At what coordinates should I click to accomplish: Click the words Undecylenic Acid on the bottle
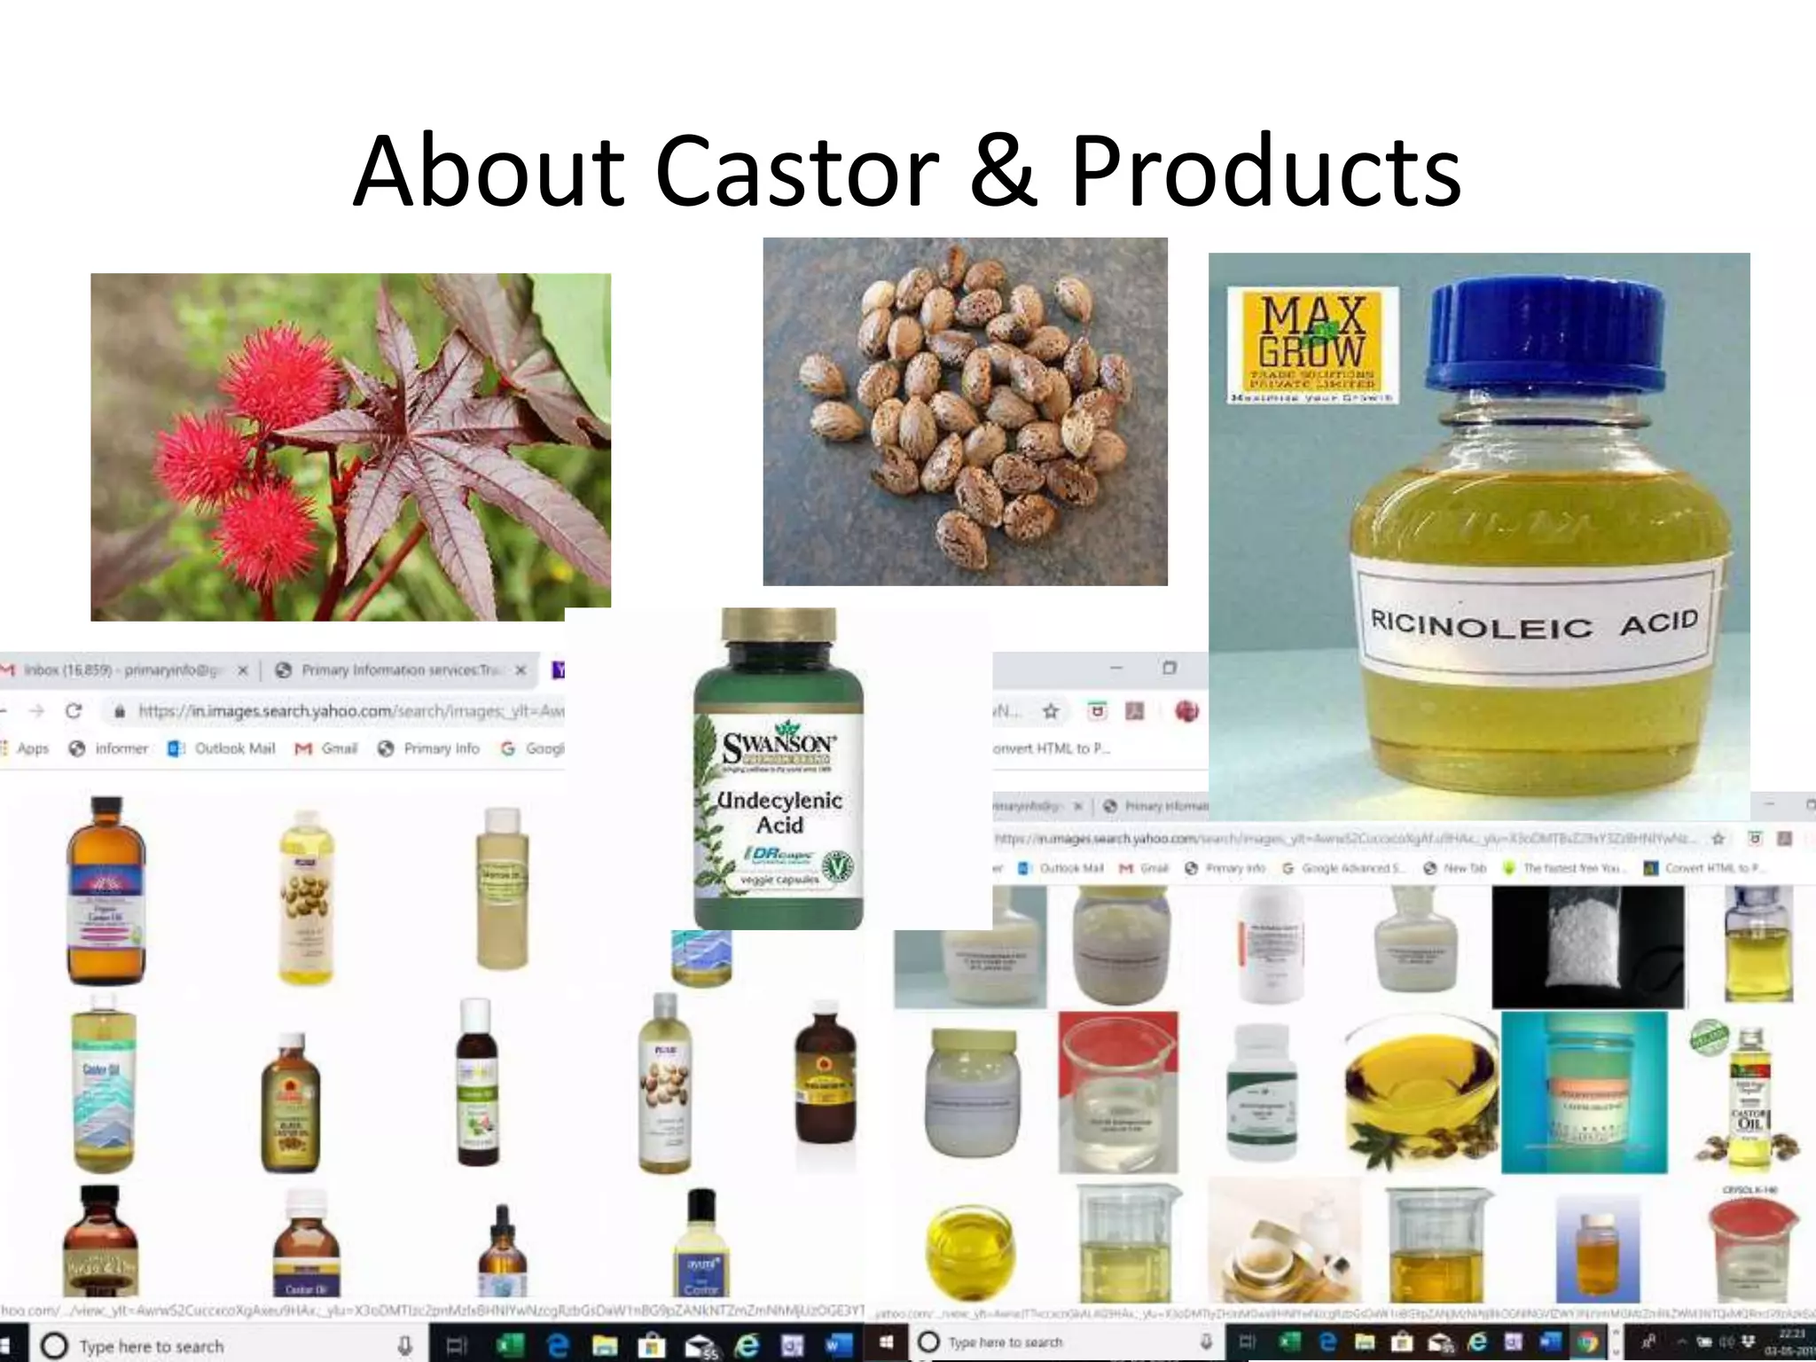click(x=779, y=812)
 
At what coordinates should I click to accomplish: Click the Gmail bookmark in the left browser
click(x=327, y=748)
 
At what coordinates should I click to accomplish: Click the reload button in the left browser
click(x=74, y=711)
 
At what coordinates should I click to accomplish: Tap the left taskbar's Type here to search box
click(x=151, y=1346)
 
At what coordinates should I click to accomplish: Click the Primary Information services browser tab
click(x=399, y=670)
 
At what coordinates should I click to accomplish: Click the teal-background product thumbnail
click(x=1584, y=1091)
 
